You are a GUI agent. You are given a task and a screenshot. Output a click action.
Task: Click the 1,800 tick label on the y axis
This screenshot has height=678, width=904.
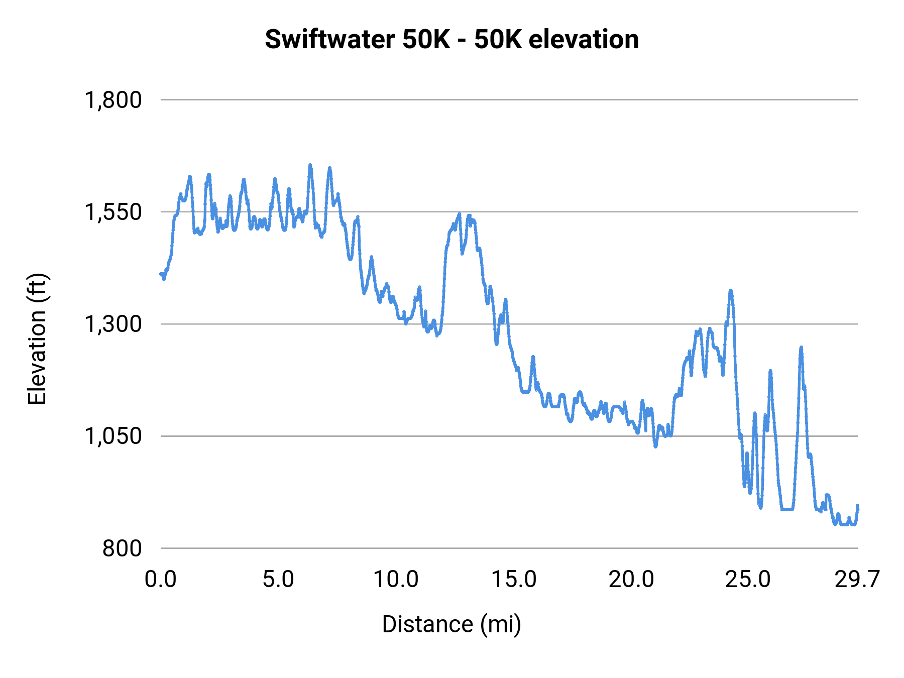[113, 100]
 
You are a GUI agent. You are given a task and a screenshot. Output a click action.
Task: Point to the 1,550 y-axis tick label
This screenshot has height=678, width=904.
[113, 212]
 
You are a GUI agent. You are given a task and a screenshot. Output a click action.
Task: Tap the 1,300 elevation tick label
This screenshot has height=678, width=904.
[113, 324]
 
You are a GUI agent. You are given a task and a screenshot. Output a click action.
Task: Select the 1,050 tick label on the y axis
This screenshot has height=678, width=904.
[113, 436]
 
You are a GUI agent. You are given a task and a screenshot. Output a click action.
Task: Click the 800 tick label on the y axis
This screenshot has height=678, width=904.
[122, 548]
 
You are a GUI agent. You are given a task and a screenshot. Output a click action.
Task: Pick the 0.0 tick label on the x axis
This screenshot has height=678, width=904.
[161, 580]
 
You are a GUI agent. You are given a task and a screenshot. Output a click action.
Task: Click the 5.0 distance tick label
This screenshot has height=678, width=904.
[278, 580]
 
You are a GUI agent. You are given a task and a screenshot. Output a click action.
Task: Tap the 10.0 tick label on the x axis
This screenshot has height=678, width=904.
[396, 580]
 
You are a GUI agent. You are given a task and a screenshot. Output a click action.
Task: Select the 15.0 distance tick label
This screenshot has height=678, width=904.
[514, 580]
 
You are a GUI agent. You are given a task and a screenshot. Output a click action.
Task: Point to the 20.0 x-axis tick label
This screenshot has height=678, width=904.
[631, 580]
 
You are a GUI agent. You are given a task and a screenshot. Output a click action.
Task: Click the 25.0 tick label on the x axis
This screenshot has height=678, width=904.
[748, 580]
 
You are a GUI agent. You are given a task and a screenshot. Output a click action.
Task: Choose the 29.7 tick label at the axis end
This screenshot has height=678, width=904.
[857, 580]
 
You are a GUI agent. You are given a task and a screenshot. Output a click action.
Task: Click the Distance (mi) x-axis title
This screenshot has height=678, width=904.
[451, 624]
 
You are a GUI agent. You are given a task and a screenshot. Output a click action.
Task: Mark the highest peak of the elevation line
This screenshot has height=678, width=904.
[310, 165]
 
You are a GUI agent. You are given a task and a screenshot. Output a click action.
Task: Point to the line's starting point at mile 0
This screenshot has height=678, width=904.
[161, 274]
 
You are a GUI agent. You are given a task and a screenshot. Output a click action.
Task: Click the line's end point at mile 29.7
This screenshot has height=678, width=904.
[858, 506]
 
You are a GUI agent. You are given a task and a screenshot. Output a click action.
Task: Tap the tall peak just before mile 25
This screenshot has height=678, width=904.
[731, 291]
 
